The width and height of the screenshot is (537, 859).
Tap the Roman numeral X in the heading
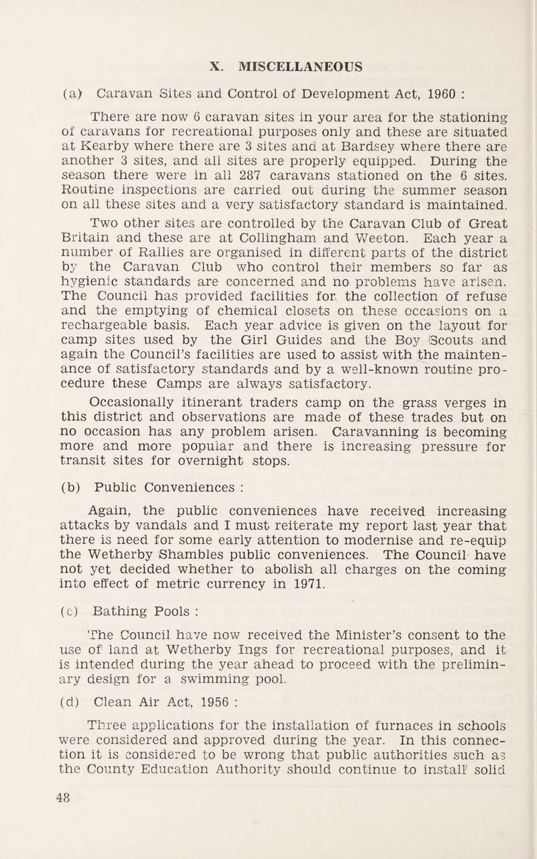215,66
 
